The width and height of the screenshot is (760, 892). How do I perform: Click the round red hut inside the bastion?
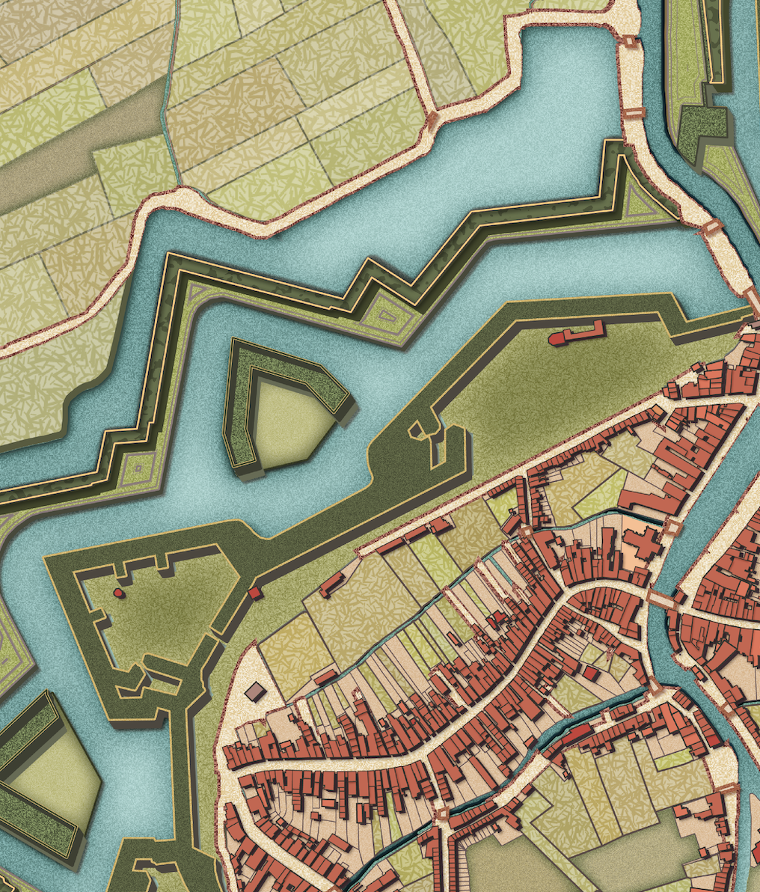[x=117, y=592]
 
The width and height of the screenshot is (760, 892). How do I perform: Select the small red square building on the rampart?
[x=254, y=593]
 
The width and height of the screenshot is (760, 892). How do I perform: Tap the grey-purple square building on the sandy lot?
[x=255, y=691]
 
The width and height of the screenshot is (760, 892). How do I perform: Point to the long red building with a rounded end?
[x=577, y=334]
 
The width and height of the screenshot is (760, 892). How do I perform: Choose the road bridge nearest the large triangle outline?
[x=711, y=227]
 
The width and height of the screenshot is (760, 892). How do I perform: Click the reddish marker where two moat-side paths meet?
[x=432, y=120]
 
